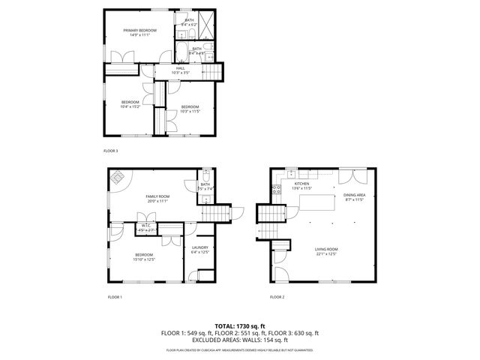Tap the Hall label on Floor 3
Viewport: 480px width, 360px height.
click(181, 68)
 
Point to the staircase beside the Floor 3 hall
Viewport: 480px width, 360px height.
click(214, 71)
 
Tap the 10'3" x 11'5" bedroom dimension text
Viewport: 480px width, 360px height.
click(189, 111)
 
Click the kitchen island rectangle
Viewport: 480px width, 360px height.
click(317, 202)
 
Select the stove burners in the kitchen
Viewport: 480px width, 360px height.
click(276, 188)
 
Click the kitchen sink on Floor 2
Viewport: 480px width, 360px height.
click(291, 173)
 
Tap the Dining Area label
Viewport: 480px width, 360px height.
click(354, 196)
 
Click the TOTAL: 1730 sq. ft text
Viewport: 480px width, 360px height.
click(239, 325)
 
